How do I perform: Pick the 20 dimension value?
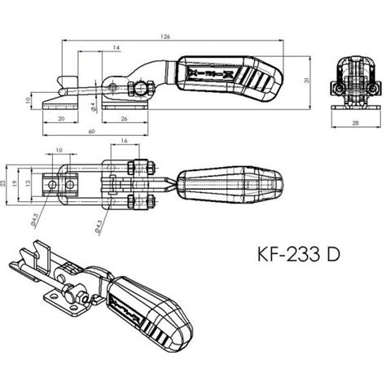(x=63, y=117)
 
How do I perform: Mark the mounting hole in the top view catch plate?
(x=54, y=185)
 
